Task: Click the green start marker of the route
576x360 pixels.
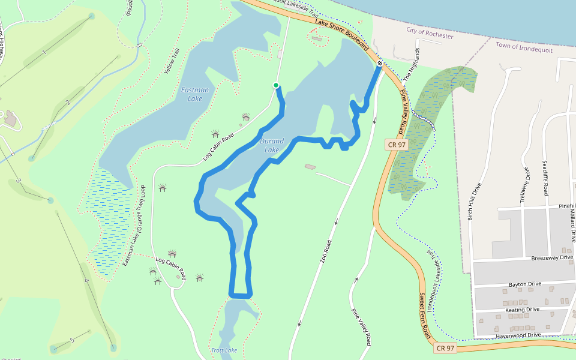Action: (276, 85)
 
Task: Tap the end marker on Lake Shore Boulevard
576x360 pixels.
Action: (380, 62)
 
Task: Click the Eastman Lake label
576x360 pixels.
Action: (195, 94)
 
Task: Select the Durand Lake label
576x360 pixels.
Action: (272, 145)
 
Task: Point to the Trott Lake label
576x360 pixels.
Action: (224, 350)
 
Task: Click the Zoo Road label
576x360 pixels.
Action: (328, 255)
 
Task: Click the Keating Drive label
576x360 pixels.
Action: (522, 310)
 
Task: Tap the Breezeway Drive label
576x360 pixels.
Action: (553, 258)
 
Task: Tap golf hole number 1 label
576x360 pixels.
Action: (44, 54)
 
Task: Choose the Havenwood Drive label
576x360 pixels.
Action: (519, 335)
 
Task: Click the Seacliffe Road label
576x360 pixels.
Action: (545, 178)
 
